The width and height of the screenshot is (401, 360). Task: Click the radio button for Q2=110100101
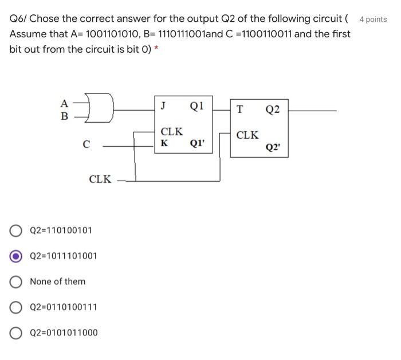point(17,230)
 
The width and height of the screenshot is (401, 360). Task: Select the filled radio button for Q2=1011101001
point(17,256)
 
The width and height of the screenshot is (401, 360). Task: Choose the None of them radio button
point(17,281)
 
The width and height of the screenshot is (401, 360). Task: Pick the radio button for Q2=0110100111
point(17,307)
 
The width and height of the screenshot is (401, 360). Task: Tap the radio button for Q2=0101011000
point(17,332)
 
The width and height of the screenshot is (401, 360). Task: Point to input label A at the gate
point(64,104)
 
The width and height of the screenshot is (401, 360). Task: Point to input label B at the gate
point(64,116)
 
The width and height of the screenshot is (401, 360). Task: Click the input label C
point(86,145)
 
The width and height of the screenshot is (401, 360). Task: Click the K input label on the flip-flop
point(164,143)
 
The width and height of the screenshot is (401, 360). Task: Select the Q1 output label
point(196,105)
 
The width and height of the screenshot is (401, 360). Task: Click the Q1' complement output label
point(197,143)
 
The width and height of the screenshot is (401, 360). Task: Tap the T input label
point(239,109)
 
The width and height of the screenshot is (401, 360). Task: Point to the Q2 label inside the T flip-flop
point(273,109)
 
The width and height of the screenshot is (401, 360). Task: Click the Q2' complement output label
point(273,147)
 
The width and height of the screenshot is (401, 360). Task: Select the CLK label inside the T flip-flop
point(247,135)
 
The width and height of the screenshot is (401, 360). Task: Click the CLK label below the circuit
point(100,179)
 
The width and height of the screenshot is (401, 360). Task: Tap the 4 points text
point(373,19)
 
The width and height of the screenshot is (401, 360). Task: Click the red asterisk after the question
point(156,49)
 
